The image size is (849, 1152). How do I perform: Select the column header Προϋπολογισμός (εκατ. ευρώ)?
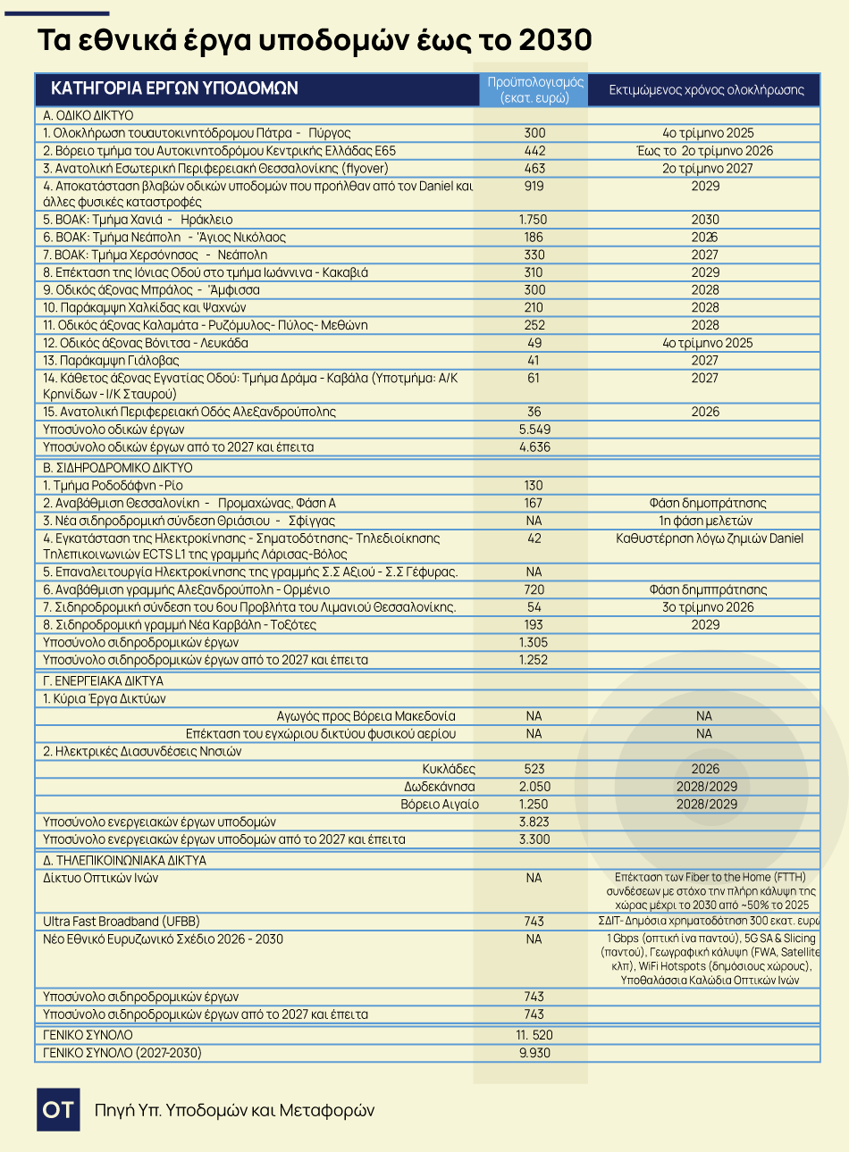coord(534,89)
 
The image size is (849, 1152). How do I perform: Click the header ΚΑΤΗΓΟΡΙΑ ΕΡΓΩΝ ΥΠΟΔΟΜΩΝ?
coord(174,88)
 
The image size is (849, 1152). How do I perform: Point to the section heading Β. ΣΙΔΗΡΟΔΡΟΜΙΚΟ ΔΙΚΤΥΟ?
coord(118,468)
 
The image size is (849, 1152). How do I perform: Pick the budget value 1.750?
coord(534,220)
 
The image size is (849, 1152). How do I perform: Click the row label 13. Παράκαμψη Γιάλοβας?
coord(111,361)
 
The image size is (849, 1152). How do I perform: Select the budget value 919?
coord(534,186)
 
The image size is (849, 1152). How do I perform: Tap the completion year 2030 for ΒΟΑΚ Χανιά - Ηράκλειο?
coord(705,220)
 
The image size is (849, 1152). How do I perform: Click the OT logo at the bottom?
coord(58,1110)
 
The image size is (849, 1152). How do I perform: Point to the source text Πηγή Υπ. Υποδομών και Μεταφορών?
coord(234,1110)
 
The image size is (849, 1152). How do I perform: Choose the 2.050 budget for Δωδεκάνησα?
coord(534,787)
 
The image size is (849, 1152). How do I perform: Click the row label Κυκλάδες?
coord(449,769)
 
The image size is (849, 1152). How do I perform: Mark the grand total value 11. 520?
coord(534,1035)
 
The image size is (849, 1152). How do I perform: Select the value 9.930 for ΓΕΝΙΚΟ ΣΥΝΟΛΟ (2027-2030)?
coord(534,1053)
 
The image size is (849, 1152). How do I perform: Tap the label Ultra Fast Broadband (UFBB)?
coord(122,922)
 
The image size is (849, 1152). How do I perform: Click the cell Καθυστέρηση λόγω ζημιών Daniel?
coord(710,538)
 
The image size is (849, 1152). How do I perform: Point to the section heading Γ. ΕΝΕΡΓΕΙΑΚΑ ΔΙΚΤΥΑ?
coord(112,681)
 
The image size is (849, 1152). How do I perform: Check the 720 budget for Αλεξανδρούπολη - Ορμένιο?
coord(534,589)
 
